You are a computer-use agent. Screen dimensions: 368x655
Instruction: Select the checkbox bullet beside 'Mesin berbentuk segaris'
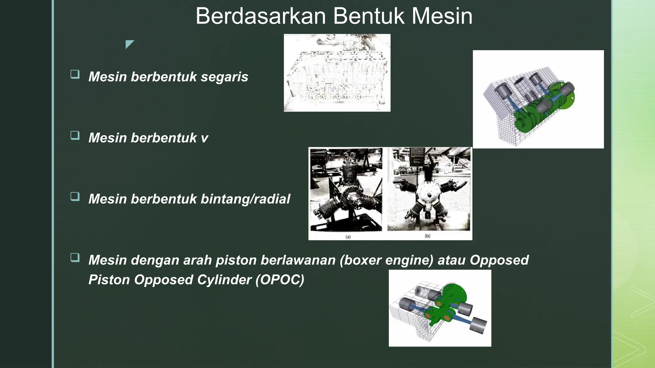click(75, 74)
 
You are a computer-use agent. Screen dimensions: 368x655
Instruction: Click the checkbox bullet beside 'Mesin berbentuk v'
click(75, 135)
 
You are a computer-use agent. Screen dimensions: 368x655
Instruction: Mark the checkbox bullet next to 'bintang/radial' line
click(75, 196)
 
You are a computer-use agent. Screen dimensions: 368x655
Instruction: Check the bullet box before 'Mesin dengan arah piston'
click(75, 257)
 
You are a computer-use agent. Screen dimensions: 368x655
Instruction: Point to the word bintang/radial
click(245, 199)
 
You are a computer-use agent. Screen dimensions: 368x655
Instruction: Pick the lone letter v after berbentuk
click(204, 138)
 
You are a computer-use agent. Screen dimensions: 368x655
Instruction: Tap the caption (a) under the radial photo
click(348, 237)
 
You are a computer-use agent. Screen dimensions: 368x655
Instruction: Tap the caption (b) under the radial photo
click(428, 236)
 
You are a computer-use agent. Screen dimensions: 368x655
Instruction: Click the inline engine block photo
click(337, 73)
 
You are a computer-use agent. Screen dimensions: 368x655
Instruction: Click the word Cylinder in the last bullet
click(224, 280)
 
